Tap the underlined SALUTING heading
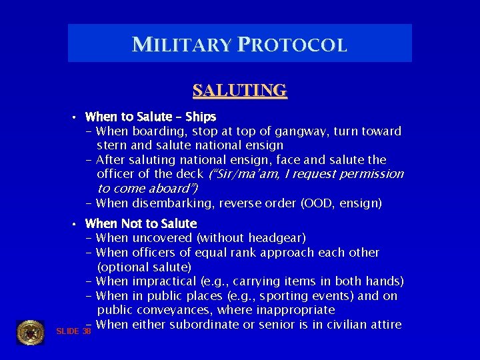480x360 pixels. [239, 90]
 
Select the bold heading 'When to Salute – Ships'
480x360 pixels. [151, 117]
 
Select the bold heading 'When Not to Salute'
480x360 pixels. [141, 223]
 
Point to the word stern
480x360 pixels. [112, 145]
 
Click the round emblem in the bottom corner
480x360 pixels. [30, 332]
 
